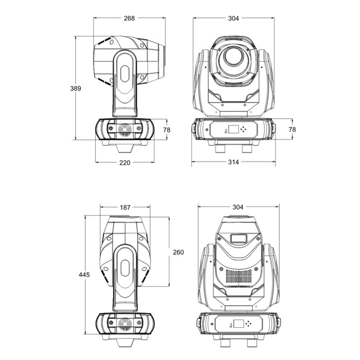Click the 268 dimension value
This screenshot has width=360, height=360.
click(x=129, y=18)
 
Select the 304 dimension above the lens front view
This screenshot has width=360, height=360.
click(x=233, y=18)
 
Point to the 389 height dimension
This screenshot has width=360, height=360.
click(x=75, y=88)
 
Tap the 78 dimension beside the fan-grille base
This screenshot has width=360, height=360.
click(x=167, y=130)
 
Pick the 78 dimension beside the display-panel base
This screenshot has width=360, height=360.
click(x=292, y=130)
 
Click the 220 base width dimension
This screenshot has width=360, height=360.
click(x=125, y=163)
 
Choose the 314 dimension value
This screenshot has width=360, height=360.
click(x=233, y=162)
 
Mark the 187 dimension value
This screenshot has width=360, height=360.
click(x=125, y=207)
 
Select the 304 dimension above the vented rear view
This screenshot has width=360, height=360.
click(x=238, y=207)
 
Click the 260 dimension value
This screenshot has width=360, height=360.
click(x=179, y=252)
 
